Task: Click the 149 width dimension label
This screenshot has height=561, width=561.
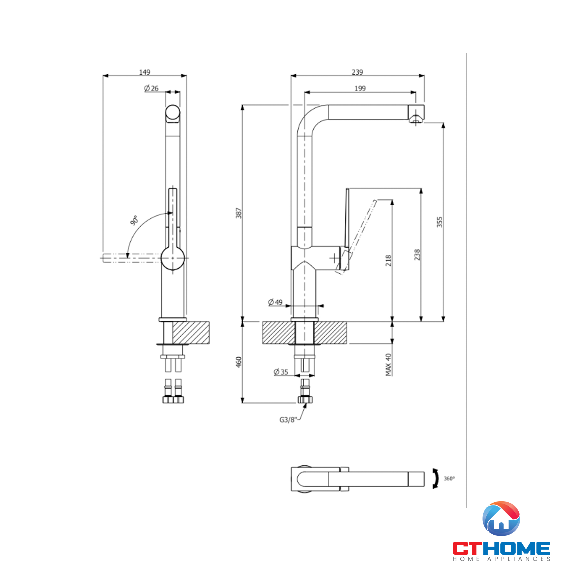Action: pos(145,72)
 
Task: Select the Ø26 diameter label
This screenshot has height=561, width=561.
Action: pos(151,88)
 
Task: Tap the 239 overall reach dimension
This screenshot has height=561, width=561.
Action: pos(357,72)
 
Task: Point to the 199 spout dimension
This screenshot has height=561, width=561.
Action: pos(360,88)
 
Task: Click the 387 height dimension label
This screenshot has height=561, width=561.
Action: pos(239,213)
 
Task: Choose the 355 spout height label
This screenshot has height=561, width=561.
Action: pos(440,222)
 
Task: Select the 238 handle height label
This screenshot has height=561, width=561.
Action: pos(417,255)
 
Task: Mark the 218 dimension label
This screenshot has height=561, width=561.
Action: pos(388,261)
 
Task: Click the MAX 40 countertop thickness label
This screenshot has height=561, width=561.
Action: pos(388,364)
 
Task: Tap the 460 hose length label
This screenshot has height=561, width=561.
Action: pos(239,362)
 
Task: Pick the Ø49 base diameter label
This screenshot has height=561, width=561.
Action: pos(275,302)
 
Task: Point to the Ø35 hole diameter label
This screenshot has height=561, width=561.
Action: pos(281,372)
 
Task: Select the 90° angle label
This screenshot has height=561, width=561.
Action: pos(134,220)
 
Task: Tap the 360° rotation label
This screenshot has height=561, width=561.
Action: pos(449,479)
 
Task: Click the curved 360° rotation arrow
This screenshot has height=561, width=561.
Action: pos(436,479)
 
